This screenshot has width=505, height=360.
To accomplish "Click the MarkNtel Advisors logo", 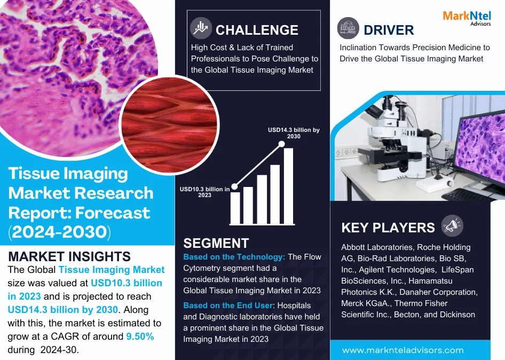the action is pos(467,18).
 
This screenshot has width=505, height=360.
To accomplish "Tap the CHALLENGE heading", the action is pos(257,30).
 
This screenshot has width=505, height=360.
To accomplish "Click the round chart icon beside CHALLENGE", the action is pos(201,28).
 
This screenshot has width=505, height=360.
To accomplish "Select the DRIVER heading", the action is pos(389,30).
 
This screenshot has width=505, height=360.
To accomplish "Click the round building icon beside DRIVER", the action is pos(348,28).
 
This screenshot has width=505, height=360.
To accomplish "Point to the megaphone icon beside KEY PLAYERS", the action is pos(452,225).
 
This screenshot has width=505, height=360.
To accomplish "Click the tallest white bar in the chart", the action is pos(288,186).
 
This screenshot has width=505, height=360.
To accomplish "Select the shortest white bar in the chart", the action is pos(235,208).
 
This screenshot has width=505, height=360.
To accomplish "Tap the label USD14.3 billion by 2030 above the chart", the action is pos(294,133).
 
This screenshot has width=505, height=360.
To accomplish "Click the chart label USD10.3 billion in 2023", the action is pos(204,192).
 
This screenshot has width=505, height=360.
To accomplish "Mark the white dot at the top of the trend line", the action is pos(281,144).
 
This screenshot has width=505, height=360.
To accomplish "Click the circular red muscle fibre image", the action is pos(169,126).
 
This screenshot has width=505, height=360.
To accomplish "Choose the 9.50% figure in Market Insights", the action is pos(140,336).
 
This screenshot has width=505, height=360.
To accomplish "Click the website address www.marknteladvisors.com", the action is pos(403,350).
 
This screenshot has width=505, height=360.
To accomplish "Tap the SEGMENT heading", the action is pos(216,244).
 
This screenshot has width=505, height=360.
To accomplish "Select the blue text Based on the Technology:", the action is pos(234,257).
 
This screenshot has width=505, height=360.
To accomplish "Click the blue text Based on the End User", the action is pos(228,306).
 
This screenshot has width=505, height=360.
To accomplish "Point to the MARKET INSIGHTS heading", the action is pos(69,256).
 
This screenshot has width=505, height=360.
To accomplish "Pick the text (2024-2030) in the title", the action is pos(59,232).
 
